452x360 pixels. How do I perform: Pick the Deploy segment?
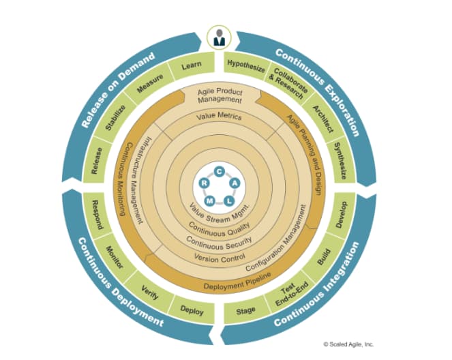(x=192, y=311)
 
